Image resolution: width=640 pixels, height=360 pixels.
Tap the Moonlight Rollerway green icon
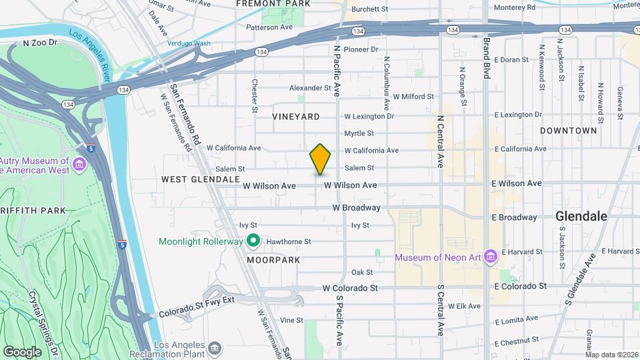point(253,241)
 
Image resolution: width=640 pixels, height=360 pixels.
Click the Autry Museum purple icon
point(79,164)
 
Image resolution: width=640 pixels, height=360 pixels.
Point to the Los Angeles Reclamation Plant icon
point(215,347)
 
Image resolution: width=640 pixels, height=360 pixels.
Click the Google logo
point(23,351)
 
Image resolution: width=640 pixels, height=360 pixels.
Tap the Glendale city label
point(581,216)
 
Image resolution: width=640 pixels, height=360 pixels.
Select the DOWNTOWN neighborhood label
point(568,131)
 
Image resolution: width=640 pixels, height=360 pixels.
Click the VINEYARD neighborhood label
point(296,117)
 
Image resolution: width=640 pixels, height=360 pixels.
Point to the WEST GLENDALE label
point(200,179)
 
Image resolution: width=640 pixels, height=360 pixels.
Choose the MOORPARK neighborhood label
point(270,259)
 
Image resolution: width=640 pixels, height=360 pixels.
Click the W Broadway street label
point(357,208)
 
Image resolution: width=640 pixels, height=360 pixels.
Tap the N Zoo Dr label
point(41,43)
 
